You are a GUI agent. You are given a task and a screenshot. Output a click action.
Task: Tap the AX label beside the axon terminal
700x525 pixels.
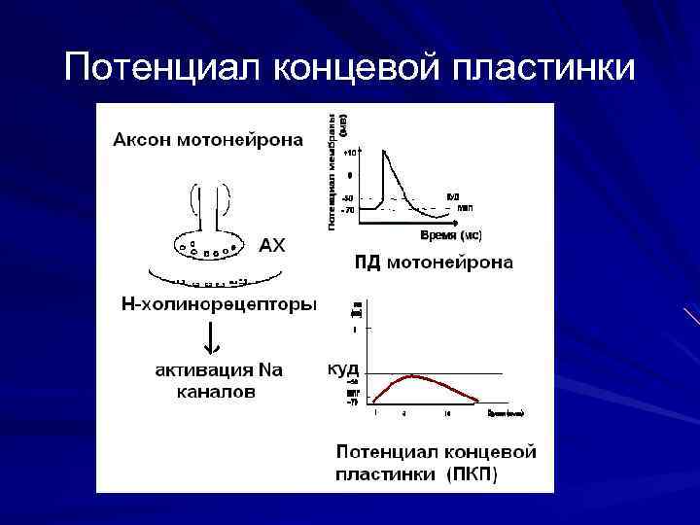click(x=272, y=246)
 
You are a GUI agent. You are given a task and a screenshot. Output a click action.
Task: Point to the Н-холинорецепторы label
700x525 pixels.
click(x=218, y=305)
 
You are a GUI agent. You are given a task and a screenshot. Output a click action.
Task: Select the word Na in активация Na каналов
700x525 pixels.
click(x=269, y=370)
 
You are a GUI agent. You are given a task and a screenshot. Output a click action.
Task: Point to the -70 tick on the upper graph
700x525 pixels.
click(x=349, y=209)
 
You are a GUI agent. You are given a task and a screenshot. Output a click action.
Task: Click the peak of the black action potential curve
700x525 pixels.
click(x=386, y=150)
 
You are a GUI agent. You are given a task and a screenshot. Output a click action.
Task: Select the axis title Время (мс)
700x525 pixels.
click(x=450, y=235)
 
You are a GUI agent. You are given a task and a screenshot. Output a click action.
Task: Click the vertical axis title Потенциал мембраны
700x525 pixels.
click(x=334, y=170)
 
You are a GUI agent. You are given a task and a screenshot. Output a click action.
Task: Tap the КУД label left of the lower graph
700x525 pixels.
click(x=343, y=369)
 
